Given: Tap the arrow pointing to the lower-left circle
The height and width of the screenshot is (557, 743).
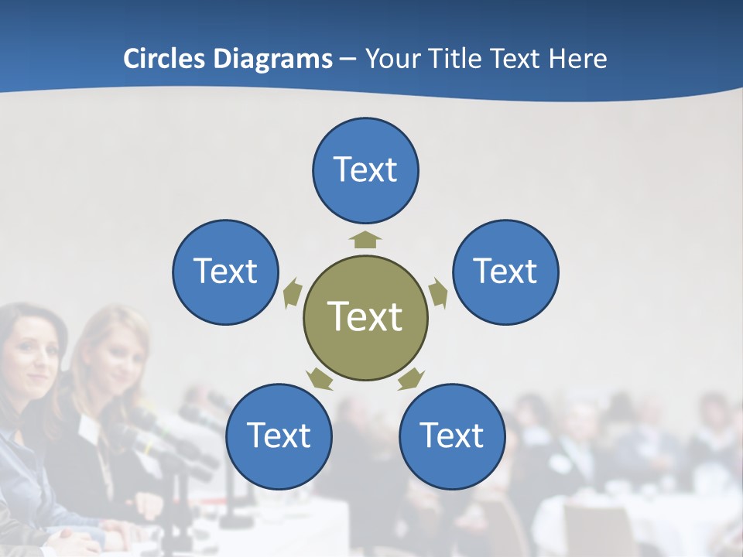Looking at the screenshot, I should click(x=320, y=379).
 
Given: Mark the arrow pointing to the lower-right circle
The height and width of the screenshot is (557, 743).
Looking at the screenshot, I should click(x=412, y=378).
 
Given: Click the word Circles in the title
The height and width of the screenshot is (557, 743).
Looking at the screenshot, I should click(x=163, y=59).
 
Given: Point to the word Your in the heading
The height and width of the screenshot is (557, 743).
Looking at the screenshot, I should click(x=393, y=59).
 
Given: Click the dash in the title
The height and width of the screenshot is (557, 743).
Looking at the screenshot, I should click(x=348, y=60).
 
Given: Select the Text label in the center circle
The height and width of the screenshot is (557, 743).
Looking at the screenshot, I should click(x=365, y=316).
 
